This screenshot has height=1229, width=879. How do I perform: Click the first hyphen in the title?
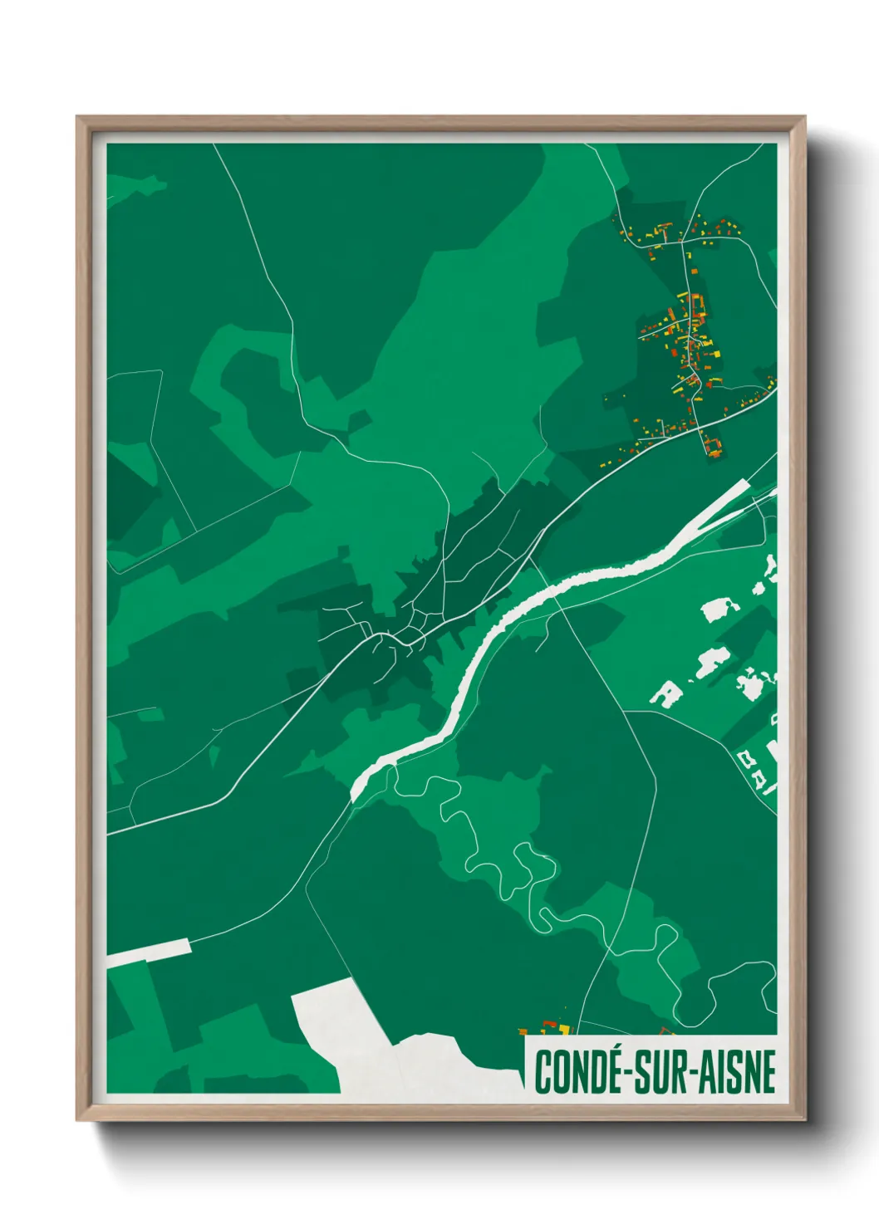(x=629, y=1073)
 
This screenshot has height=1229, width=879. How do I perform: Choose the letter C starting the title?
(x=543, y=1071)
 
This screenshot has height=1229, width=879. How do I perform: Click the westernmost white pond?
(x=665, y=693)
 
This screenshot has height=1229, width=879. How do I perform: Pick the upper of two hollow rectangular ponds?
(x=744, y=757)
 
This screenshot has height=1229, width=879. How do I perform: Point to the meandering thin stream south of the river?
(x=498, y=864)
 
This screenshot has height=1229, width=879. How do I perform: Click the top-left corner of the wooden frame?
(x=79, y=119)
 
